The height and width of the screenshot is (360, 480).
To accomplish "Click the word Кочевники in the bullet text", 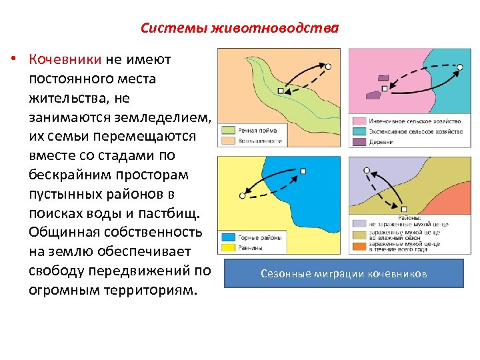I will coord(65,60).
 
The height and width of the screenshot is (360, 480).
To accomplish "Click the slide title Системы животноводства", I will coord(239,29).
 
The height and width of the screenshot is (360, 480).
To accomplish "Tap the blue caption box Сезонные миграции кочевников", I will coord(343,273).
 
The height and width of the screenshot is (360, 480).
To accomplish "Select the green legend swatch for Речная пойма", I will coord(227,131).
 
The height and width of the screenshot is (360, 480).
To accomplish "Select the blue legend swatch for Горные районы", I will coord(227,238).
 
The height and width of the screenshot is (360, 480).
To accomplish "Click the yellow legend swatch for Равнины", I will coord(227,248).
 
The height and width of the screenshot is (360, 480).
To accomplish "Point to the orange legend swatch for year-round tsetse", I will coord(359,246).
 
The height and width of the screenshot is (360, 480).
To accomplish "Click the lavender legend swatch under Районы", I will coord(359,225).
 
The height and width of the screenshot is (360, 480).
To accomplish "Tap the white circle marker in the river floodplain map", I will coord(328,66).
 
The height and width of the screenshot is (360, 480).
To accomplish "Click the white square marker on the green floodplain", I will coord(281,90).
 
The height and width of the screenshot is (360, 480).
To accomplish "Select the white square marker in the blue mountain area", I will coord(303,171).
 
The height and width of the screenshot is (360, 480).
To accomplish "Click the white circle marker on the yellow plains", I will coord(241,196).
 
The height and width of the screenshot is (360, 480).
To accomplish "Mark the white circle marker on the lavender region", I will coord(366,171).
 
